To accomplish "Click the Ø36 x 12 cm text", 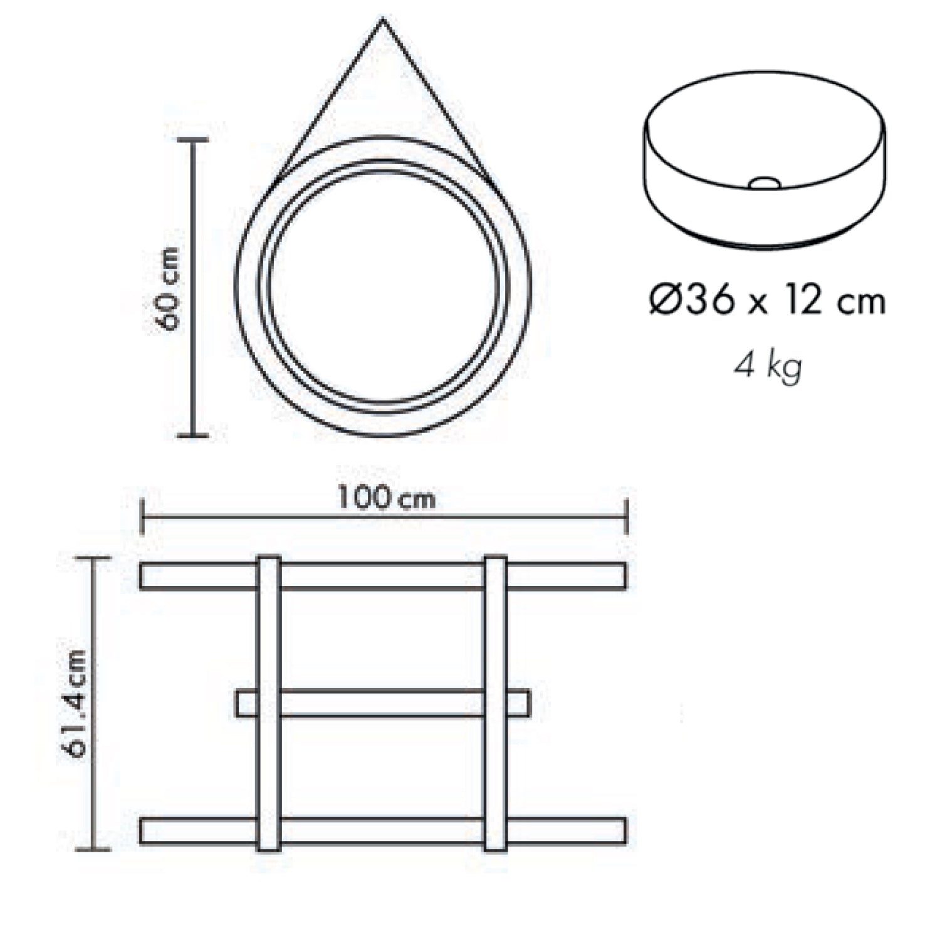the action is point(767,301).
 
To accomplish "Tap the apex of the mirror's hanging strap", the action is point(383,21).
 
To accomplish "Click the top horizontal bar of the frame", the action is point(383,576).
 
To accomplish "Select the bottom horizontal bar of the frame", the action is point(383,830).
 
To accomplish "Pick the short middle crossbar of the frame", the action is point(383,703).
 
